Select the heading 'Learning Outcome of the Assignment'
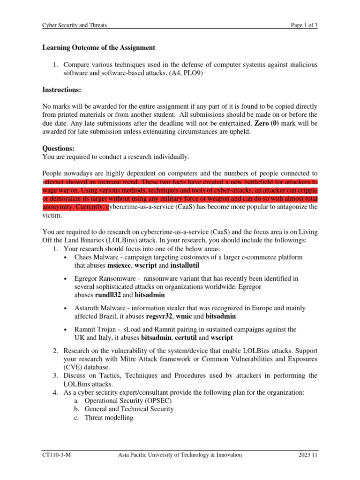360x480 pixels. point(98,48)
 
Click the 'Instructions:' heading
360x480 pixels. point(61,90)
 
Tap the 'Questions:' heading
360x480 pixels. point(59,148)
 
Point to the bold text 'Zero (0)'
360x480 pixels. point(268,123)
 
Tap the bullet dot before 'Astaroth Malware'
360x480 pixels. point(64,308)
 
